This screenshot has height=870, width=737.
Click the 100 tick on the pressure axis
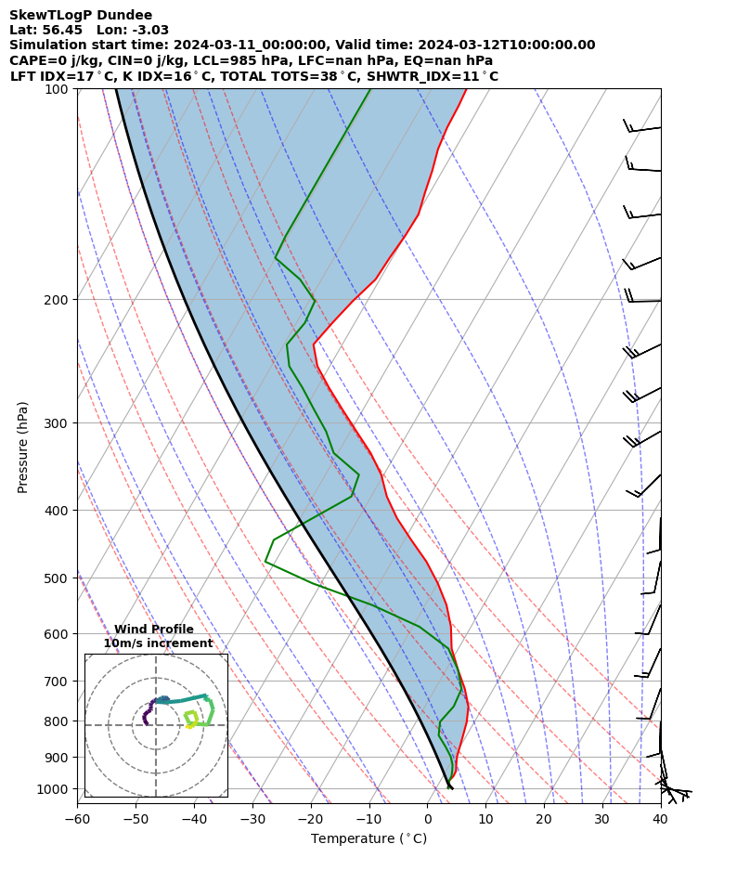pyautogui.click(x=59, y=89)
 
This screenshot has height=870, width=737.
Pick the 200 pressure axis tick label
pyautogui.click(x=59, y=300)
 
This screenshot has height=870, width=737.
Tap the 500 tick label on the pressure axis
pyautogui.click(x=59, y=578)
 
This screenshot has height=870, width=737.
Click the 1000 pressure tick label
pyautogui.click(x=56, y=789)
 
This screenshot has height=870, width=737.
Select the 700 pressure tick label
pyautogui.click(x=59, y=682)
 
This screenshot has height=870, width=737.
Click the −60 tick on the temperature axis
pyautogui.click(x=77, y=819)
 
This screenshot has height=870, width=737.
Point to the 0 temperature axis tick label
pyautogui.click(x=428, y=819)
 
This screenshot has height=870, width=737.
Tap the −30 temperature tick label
pyautogui.click(x=252, y=819)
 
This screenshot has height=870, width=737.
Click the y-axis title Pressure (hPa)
pyautogui.click(x=23, y=447)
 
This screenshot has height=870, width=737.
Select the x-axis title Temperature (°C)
pyautogui.click(x=368, y=839)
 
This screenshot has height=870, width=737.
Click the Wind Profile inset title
pyautogui.click(x=154, y=630)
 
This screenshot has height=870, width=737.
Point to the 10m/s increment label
pyautogui.click(x=158, y=643)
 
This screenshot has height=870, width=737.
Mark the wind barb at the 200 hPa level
pyautogui.click(x=642, y=300)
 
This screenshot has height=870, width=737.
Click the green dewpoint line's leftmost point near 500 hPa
pyautogui.click(x=265, y=561)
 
